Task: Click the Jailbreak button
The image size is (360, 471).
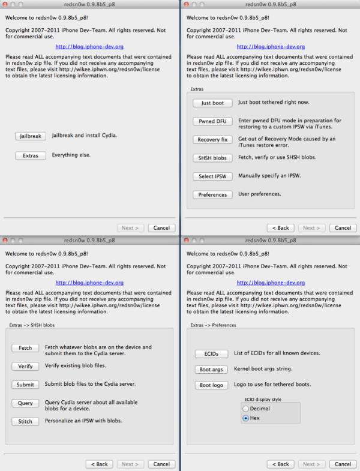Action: (30, 136)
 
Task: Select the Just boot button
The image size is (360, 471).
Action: (212, 103)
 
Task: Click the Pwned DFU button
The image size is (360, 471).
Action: (212, 121)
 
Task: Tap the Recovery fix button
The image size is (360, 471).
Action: (212, 140)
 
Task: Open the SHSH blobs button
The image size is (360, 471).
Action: (212, 158)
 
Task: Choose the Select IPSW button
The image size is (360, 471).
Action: (212, 176)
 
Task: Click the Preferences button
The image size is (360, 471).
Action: (212, 194)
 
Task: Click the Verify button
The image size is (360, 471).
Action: (25, 366)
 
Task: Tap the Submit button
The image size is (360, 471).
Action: (25, 385)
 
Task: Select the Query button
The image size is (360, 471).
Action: (25, 403)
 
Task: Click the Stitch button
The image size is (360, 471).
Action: (25, 421)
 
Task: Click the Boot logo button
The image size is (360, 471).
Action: (211, 385)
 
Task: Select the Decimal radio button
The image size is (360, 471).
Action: (246, 409)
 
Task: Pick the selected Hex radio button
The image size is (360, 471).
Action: (246, 418)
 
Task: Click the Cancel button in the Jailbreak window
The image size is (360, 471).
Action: (161, 228)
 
